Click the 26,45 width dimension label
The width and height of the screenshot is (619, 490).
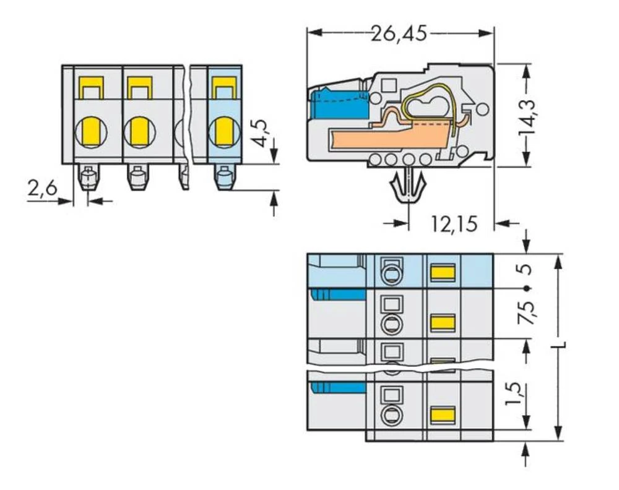click(399, 32)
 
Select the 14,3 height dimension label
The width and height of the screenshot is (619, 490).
click(527, 115)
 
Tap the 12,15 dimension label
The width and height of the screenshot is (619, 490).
click(454, 223)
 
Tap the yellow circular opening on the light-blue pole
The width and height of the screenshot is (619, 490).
click(223, 131)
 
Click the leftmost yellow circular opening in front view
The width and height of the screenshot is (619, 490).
click(89, 131)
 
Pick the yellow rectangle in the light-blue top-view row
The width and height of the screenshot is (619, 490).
click(442, 272)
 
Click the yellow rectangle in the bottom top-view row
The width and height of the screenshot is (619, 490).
click(442, 415)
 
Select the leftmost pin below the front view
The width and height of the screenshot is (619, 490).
click(88, 179)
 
